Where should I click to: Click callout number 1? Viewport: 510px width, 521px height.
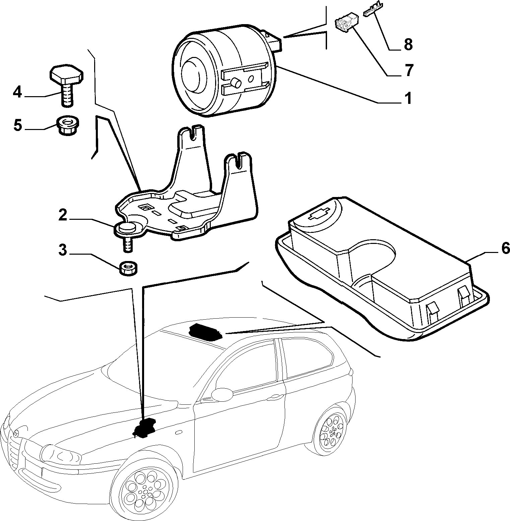pos(407,99)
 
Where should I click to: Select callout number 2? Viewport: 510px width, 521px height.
pos(63,215)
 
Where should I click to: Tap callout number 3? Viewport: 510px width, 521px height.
pos(63,250)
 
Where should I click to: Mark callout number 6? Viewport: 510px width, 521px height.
pos(505,249)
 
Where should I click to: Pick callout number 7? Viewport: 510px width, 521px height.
pos(408,70)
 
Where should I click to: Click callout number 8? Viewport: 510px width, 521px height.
pos(408,45)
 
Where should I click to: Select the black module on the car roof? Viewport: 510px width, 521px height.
pos(205,332)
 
